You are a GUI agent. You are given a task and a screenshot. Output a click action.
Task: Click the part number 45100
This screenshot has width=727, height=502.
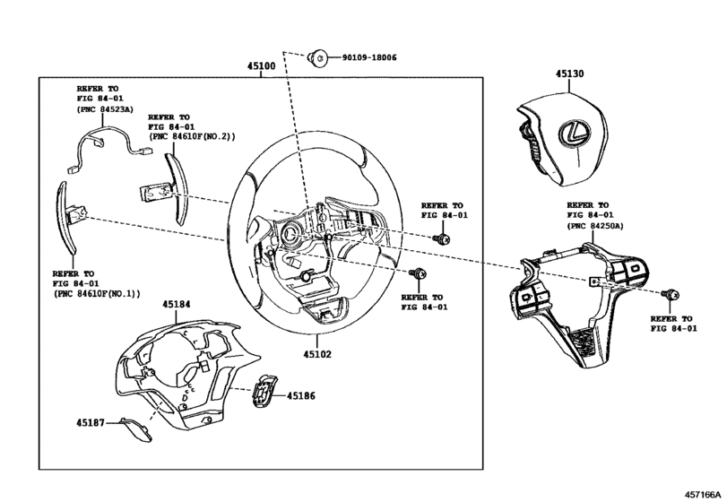click(263, 66)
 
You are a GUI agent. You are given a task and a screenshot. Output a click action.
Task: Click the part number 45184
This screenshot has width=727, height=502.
click(176, 305)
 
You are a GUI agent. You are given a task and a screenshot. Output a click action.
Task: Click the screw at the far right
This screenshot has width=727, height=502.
click(669, 294)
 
